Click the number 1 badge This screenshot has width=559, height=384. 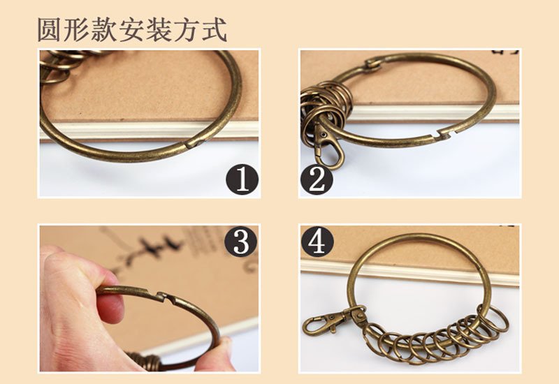pos(242,179)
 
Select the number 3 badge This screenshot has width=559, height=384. pos(240,242)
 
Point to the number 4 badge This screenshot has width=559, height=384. pos(317,242)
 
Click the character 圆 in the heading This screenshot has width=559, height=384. pos(49,30)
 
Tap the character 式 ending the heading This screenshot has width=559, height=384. pos(215,30)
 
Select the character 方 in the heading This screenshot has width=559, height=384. pos(187,30)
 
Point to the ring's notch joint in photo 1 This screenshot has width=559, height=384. pos(194,144)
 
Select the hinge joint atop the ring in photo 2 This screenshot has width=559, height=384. pos(373,64)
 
